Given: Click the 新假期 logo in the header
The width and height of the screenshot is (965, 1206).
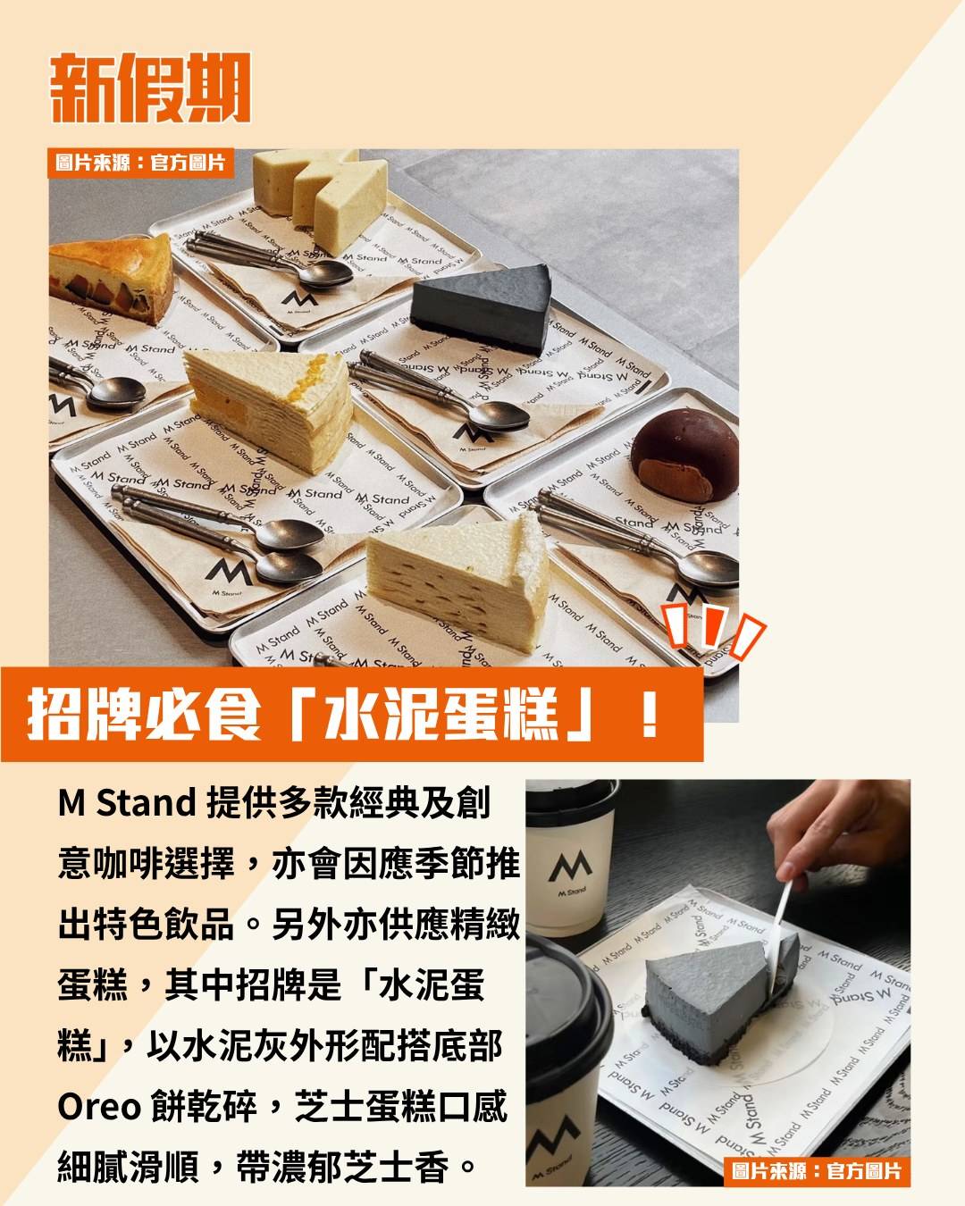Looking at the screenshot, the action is tap(150, 88).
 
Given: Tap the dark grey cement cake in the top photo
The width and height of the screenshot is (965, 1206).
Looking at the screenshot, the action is tap(481, 307).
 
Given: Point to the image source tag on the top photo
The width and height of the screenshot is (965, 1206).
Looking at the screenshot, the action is tap(140, 163).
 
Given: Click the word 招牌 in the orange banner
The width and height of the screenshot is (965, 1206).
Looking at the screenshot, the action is tap(85, 714).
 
